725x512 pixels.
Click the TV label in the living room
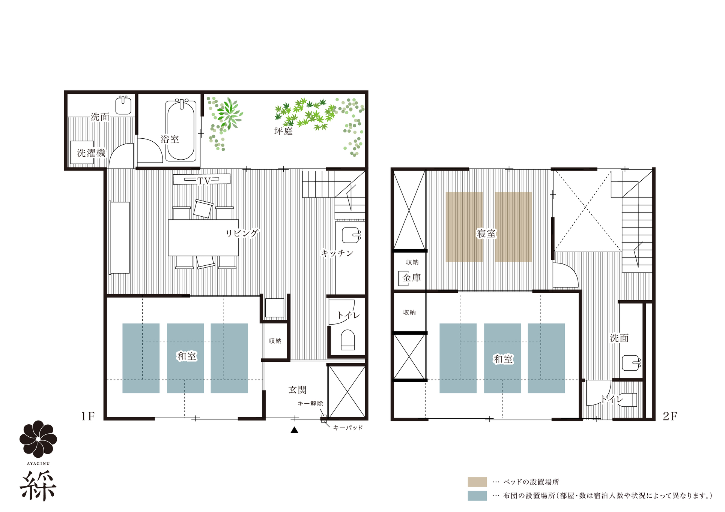[x=204, y=181]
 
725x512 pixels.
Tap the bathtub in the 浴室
[x=181, y=130]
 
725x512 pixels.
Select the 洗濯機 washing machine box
[x=82, y=153]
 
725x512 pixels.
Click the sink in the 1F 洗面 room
[x=123, y=105]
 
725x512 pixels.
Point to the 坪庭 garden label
[x=283, y=131]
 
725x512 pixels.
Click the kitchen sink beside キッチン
[x=351, y=235]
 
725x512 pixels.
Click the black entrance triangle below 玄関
[x=294, y=430]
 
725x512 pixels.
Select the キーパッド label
[x=348, y=428]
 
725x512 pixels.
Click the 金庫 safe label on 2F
[x=412, y=278]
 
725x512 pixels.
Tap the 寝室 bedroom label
[x=486, y=234]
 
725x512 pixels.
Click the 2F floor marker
[x=670, y=416]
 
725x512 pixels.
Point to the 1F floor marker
[x=88, y=416]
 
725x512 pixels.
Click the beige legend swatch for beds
[x=477, y=482]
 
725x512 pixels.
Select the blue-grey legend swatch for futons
[x=477, y=496]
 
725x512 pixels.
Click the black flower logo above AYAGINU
[x=38, y=439]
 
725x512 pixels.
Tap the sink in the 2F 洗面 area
[x=631, y=363]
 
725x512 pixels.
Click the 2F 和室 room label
[x=503, y=359]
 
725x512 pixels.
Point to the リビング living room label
[x=242, y=233]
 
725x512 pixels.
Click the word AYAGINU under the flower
[x=38, y=464]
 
